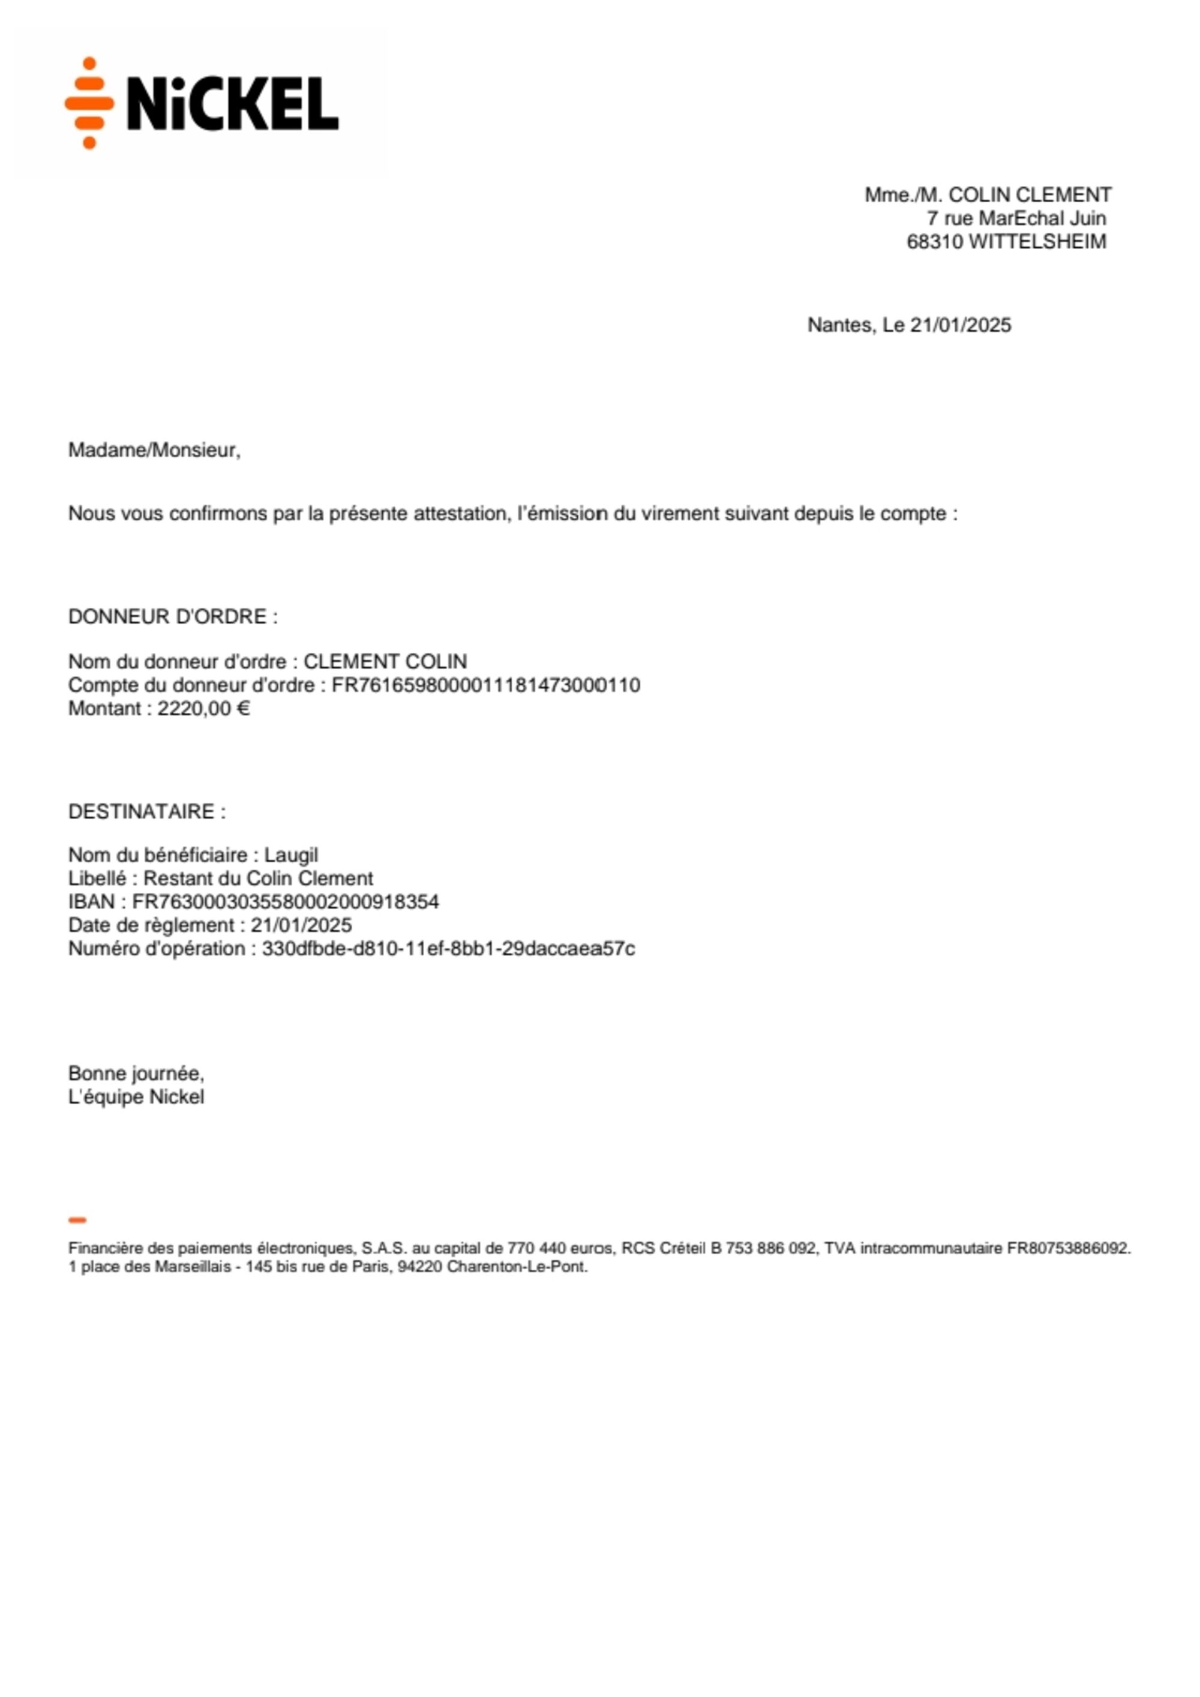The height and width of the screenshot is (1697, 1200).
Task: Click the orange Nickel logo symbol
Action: tap(89, 103)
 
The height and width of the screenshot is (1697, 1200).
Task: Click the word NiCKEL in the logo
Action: tap(232, 104)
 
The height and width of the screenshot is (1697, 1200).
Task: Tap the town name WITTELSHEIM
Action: tap(1037, 242)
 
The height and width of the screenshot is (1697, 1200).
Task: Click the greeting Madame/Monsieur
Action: tap(154, 450)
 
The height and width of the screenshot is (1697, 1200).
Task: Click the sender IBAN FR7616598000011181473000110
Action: tap(485, 685)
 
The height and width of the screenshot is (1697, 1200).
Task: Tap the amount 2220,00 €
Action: tap(203, 709)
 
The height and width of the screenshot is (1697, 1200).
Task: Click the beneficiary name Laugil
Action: tap(291, 855)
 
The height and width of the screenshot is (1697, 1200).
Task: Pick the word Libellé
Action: tap(97, 879)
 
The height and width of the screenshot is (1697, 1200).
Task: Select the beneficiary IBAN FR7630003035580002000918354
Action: tap(285, 902)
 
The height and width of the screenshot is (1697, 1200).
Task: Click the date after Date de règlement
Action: tap(301, 925)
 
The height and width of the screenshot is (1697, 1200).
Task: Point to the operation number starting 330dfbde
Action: tap(448, 949)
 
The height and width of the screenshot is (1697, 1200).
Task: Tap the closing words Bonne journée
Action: tap(136, 1073)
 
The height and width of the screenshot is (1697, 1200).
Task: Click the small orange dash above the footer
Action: tap(77, 1221)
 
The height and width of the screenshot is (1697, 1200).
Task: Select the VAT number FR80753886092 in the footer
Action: tap(1068, 1248)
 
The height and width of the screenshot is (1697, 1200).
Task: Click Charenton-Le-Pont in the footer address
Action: tap(517, 1267)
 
